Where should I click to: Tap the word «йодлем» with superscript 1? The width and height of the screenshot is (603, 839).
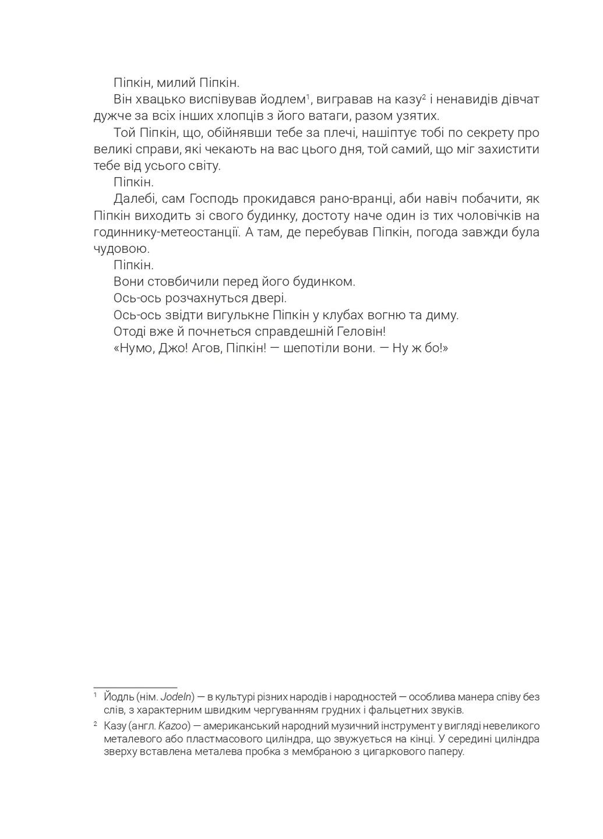click(x=280, y=99)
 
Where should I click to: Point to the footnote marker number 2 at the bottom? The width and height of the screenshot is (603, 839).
click(x=95, y=725)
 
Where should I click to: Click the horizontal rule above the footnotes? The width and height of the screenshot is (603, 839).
click(x=135, y=688)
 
